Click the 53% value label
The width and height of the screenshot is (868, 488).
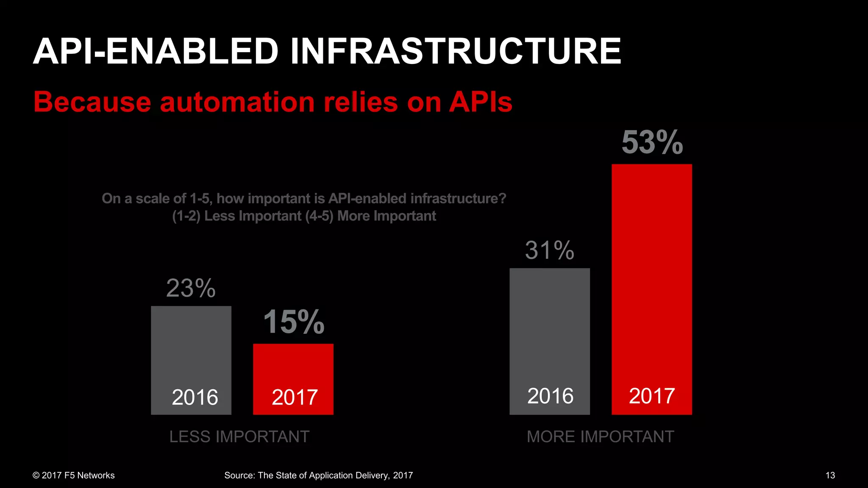point(652,142)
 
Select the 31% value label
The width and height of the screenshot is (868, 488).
point(549,250)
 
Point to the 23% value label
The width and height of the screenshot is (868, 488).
point(191,288)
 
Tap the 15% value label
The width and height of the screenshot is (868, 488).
point(294,322)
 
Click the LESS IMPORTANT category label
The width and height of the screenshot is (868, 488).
point(239,437)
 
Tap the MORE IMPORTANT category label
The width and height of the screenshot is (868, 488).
point(600,437)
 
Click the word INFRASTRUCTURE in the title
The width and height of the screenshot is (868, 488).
point(456,51)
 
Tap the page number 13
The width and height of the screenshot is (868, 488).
point(830,475)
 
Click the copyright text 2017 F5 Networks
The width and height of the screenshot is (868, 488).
point(74,475)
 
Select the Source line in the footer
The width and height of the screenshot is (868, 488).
point(318,475)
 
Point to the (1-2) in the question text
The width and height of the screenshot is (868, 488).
point(186,216)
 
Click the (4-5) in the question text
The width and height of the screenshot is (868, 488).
point(319,216)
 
